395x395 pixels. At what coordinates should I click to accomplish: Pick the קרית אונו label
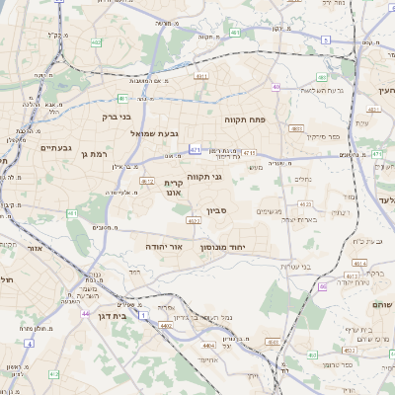[x=175, y=188]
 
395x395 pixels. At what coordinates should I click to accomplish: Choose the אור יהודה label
[x=165, y=245]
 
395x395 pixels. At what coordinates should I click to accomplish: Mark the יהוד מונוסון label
[x=221, y=247]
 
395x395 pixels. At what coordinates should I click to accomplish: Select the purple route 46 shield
[x=322, y=286]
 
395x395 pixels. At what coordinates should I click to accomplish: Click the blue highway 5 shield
[x=325, y=39]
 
